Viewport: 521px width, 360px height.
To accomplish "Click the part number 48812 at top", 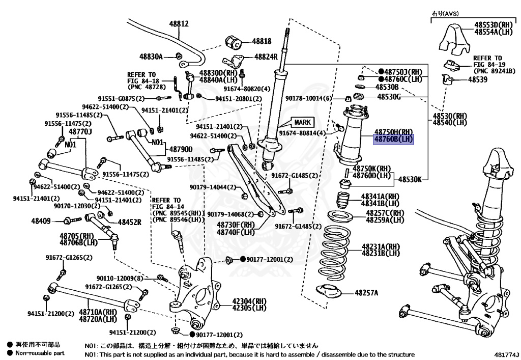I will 179,23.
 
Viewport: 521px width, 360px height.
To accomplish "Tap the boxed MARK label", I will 303,122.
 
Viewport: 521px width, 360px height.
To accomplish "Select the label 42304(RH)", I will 249,301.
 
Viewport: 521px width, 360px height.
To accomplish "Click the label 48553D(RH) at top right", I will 493,25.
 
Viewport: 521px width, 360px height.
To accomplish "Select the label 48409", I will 41,221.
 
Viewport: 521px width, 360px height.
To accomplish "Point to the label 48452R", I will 130,222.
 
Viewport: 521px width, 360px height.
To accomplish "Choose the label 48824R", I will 266,57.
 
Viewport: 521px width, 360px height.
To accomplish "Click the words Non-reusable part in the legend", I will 40,353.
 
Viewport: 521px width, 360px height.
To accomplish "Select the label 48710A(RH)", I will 98,311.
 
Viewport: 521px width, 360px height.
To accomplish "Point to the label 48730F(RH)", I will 236,225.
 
